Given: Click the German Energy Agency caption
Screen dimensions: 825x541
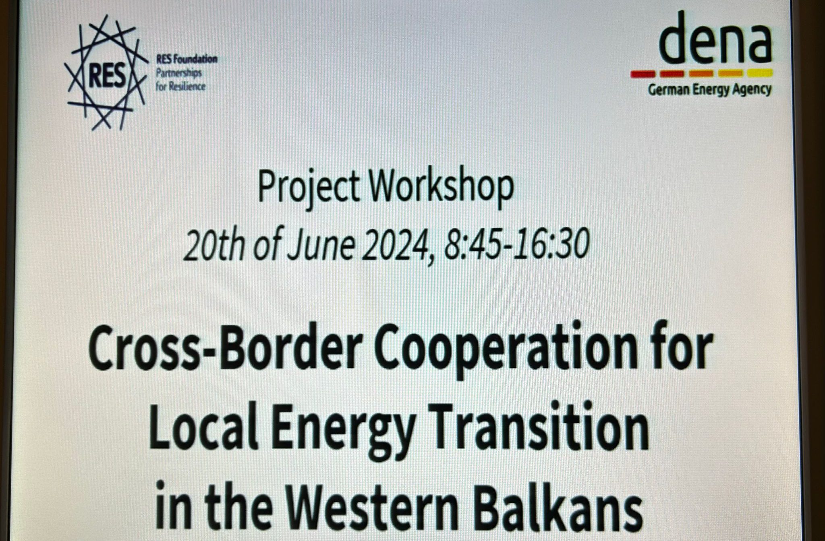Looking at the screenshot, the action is (x=709, y=89).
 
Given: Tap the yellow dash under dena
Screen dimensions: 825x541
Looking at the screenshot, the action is (x=760, y=73).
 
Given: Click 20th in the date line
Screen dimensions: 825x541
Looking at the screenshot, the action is (x=214, y=245).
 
